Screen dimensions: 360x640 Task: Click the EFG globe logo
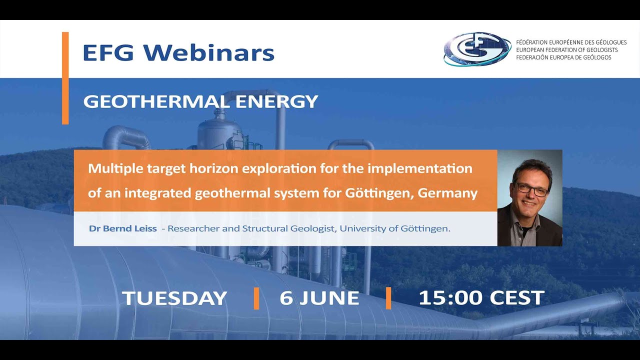(477, 49)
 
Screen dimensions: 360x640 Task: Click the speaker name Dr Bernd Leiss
(122, 229)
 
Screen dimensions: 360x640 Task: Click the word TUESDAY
(174, 298)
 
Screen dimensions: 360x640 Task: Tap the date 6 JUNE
(319, 298)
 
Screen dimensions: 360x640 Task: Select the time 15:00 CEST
(480, 298)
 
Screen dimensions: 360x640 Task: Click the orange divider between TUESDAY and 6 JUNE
(256, 298)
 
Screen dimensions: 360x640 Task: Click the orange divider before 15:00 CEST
(388, 298)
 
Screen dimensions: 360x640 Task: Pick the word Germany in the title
(449, 193)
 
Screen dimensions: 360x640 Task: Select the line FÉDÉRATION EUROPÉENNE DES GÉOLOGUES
(571, 42)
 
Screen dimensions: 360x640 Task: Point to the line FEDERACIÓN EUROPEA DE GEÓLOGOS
(563, 57)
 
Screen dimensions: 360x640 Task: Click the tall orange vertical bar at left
(65, 77)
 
